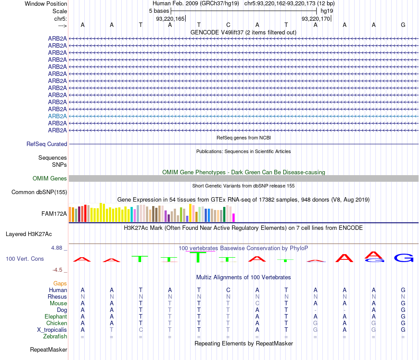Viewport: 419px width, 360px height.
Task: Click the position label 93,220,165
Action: (170, 19)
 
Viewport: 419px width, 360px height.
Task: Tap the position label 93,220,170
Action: (316, 19)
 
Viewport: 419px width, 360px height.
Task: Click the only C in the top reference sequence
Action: (228, 25)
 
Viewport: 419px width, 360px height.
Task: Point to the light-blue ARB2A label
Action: (57, 116)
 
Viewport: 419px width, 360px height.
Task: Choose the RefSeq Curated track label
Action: (47, 144)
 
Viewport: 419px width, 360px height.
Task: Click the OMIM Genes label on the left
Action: (50, 179)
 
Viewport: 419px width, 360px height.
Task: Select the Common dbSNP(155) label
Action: (39, 192)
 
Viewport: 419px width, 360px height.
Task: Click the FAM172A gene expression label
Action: (54, 214)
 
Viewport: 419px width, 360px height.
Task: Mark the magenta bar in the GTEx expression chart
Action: (234, 217)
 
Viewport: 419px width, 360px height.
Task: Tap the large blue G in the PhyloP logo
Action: (403, 258)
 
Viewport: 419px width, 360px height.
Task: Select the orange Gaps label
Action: (60, 283)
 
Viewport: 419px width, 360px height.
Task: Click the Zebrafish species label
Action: (56, 336)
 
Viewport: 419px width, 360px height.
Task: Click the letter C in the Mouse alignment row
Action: (257, 303)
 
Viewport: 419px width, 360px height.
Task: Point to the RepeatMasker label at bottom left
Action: (49, 350)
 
